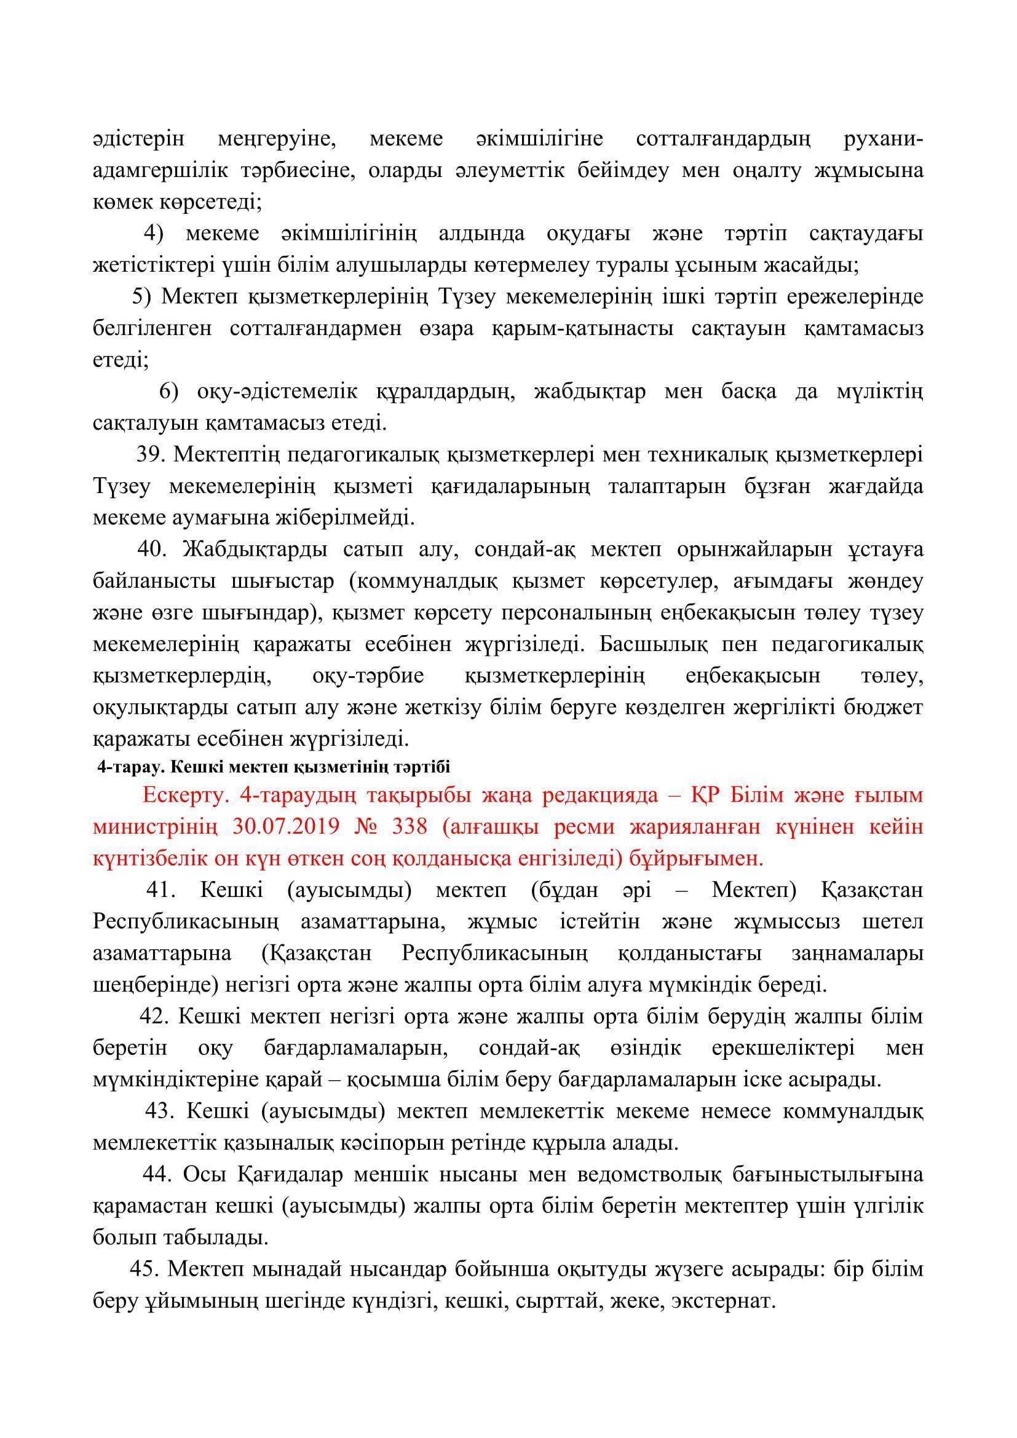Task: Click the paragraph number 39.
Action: [x=149, y=456]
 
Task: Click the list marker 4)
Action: [x=154, y=233]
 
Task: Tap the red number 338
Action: [x=410, y=827]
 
